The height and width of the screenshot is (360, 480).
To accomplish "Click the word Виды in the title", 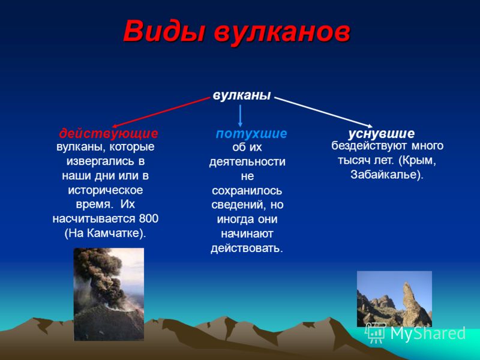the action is [x=164, y=32].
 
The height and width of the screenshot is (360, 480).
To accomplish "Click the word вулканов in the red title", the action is [x=282, y=32].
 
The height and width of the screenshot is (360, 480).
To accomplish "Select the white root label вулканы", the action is [x=242, y=95].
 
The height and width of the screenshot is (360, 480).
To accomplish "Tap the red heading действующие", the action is [x=109, y=133].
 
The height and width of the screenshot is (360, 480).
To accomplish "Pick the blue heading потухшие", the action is [x=251, y=134].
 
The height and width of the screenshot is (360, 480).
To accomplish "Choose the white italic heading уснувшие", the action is [x=382, y=133].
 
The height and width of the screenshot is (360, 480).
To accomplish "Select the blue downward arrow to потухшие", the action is [x=241, y=116].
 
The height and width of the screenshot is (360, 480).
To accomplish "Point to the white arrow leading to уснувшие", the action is [x=323, y=112].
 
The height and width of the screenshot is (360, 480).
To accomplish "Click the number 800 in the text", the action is [x=149, y=218].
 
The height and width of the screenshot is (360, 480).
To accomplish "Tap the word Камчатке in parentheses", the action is [x=113, y=233].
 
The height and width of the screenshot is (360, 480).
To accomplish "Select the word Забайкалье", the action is [x=385, y=175].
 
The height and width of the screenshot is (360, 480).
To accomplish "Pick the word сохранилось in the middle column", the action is [x=247, y=190].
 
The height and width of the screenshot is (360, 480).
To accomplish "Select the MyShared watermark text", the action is [x=428, y=333].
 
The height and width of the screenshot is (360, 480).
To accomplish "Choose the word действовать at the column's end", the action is [x=247, y=248].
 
